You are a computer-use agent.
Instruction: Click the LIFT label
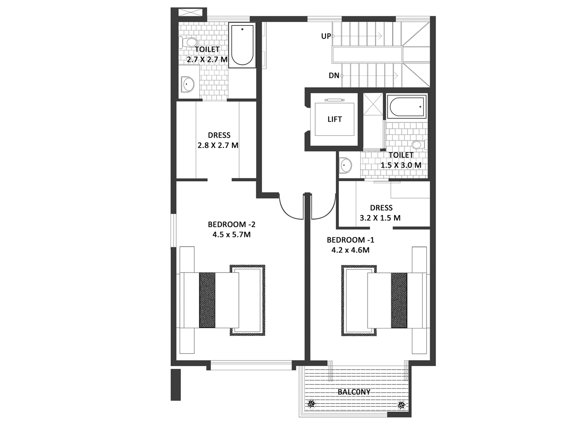335,119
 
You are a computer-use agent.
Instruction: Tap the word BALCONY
354,392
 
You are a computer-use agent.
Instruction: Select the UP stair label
326,36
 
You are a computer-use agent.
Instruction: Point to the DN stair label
334,76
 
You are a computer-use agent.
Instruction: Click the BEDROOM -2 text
232,224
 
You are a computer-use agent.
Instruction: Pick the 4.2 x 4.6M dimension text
350,250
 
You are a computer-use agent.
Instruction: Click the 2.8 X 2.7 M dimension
218,146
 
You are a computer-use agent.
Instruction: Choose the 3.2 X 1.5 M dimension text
380,218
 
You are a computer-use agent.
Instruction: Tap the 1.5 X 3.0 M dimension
401,165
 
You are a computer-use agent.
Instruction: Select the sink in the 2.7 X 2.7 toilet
187,84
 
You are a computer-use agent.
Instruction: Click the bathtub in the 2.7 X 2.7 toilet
242,45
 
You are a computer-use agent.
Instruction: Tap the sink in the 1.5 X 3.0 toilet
345,165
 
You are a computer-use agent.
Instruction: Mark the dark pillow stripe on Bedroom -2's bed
207,300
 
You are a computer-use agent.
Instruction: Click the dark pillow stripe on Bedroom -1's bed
399,301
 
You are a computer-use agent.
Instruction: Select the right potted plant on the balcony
401,404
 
